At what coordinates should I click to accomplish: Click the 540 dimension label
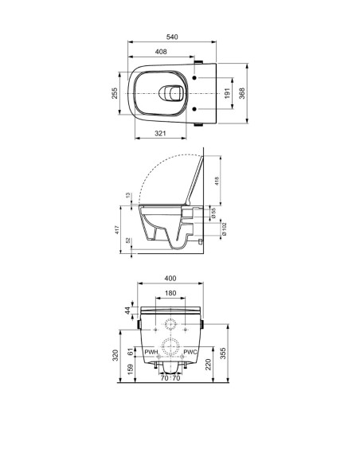tap(172, 37)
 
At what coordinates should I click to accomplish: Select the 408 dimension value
tap(161, 52)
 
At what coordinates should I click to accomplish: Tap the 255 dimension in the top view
tap(115, 93)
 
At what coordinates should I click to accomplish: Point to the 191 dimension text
tap(228, 93)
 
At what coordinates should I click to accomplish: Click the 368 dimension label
tap(242, 93)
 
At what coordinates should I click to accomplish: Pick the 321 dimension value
tap(160, 134)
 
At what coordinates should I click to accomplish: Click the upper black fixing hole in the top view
tap(194, 78)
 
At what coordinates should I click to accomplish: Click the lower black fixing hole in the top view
tap(194, 109)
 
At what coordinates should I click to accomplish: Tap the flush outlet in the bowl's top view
tap(170, 93)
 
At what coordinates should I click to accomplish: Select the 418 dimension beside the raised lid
tap(217, 181)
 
